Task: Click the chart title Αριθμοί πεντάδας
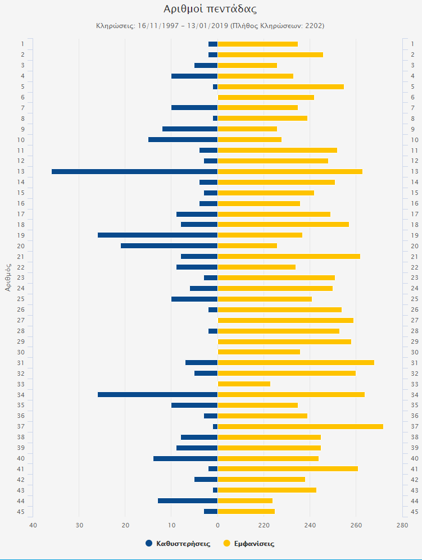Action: click(x=210, y=9)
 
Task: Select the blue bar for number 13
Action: click(x=134, y=171)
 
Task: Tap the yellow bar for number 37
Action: click(x=300, y=426)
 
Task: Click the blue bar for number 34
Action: click(x=157, y=394)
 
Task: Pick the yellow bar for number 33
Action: click(x=244, y=384)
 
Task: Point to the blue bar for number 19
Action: click(x=157, y=235)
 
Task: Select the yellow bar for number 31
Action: click(x=296, y=362)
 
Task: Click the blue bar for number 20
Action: click(x=169, y=245)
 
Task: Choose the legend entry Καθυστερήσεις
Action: click(x=178, y=543)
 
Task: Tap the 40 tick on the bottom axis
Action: click(x=33, y=525)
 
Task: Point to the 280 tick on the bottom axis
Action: click(x=402, y=525)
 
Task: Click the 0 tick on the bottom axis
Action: click(x=217, y=525)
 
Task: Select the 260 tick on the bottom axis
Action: click(x=356, y=525)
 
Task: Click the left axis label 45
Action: click(x=22, y=511)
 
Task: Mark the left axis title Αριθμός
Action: click(x=8, y=278)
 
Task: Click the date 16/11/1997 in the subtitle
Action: click(x=157, y=26)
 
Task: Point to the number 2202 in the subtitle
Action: click(x=312, y=26)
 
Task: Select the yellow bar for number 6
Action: click(x=266, y=97)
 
